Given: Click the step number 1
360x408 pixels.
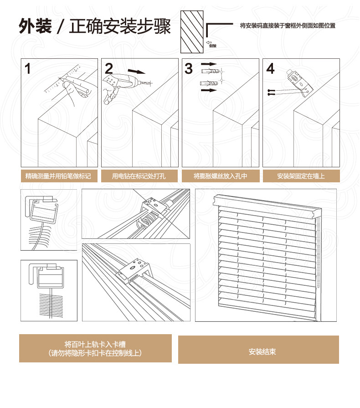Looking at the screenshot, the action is click(28, 69).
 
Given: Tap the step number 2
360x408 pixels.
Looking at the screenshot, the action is click(109, 69).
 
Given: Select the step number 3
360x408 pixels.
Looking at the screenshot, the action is click(189, 69).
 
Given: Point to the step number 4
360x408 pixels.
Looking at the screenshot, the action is click(270, 69).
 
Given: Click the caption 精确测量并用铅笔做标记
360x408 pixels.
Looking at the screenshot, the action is click(59, 176).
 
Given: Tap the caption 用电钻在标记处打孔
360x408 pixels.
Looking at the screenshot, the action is click(139, 176).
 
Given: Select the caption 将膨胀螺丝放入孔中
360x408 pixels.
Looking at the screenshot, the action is click(220, 176).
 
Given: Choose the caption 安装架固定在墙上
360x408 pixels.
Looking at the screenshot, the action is click(301, 176).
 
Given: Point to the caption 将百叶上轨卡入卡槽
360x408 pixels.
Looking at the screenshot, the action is click(95, 344).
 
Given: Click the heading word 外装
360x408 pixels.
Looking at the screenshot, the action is click(33, 27).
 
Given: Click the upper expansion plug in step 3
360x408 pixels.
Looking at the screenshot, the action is click(209, 72).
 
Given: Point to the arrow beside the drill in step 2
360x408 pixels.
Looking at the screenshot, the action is click(137, 71).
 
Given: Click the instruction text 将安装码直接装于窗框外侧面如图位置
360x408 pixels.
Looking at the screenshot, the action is click(288, 26).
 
